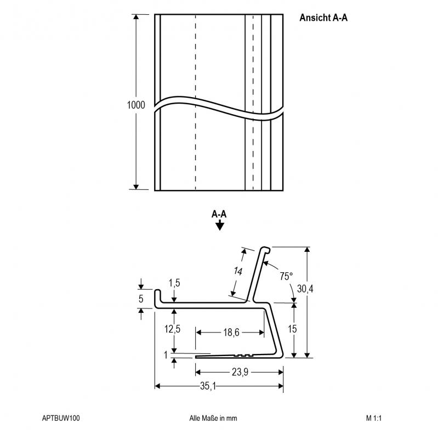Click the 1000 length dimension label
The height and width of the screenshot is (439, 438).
tap(136, 105)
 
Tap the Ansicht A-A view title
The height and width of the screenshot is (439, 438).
tap(323, 18)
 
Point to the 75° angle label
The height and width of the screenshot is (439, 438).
tap(286, 277)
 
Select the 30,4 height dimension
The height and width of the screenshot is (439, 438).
tap(305, 289)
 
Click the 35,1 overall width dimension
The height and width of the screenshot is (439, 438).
tap(208, 386)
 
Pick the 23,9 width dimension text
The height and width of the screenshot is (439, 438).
tap(240, 372)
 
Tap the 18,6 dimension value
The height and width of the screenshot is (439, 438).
tap(231, 333)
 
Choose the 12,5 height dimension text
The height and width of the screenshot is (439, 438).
tap(172, 329)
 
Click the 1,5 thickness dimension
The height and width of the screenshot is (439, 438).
tap(174, 283)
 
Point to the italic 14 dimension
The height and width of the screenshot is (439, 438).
tap(238, 271)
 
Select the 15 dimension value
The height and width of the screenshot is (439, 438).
tap(292, 329)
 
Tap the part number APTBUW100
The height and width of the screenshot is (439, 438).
tap(61, 418)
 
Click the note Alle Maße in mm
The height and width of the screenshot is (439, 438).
tap(213, 418)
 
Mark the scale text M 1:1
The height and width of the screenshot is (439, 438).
tap(374, 418)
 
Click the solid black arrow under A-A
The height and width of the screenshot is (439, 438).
tap(220, 225)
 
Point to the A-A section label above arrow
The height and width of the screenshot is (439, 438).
tap(219, 214)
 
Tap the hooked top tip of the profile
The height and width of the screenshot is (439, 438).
tap(266, 250)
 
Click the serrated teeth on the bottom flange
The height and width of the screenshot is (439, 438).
tap(243, 355)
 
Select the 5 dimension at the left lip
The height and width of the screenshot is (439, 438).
tap(141, 299)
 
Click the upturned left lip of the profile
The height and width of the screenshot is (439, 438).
tap(158, 297)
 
